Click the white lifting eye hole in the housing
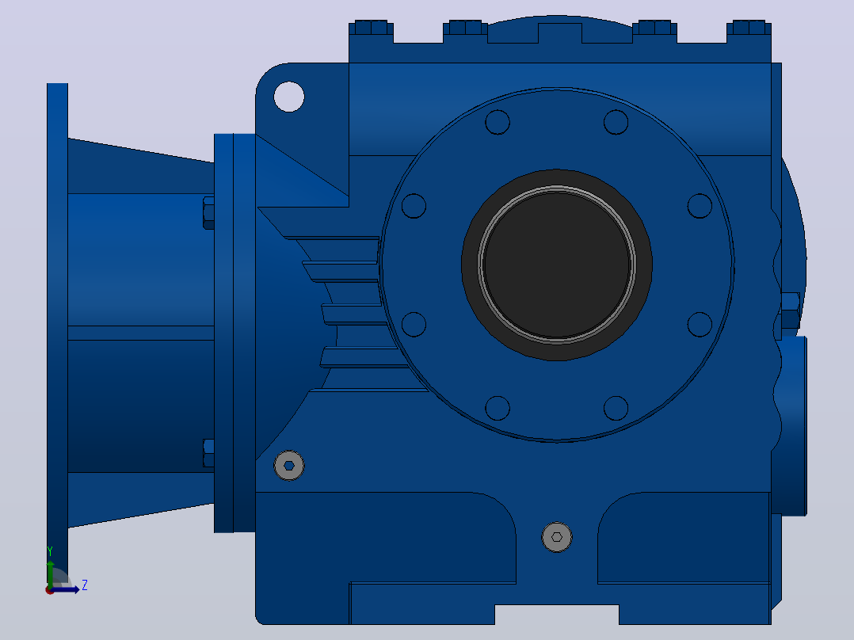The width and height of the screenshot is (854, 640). click(x=288, y=97)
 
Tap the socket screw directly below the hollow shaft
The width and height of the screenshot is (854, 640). click(x=557, y=537)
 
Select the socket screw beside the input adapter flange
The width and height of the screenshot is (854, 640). click(x=289, y=466)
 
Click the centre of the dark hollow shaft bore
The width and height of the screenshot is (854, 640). click(x=557, y=265)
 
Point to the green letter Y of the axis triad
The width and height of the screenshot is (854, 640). click(x=50, y=551)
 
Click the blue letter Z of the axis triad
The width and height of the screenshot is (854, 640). click(x=85, y=585)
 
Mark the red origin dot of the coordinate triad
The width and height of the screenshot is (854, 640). click(x=50, y=590)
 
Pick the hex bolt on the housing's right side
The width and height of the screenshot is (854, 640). click(x=791, y=310)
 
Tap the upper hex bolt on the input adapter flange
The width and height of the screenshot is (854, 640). click(x=208, y=213)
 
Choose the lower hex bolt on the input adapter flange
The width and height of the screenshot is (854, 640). click(x=208, y=453)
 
